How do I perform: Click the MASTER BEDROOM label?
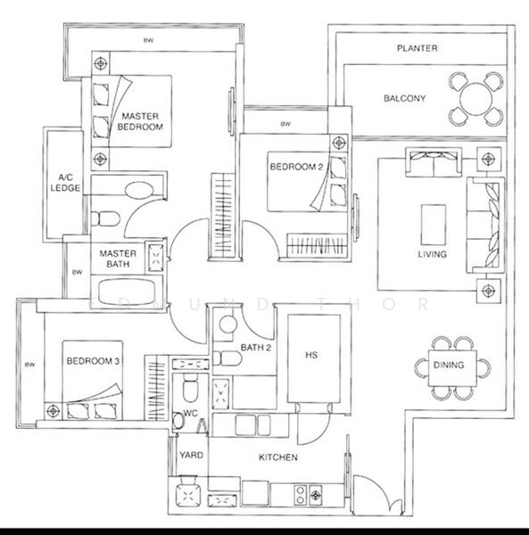tap(142, 122)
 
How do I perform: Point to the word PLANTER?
tap(417, 48)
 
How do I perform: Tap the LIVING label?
tap(432, 254)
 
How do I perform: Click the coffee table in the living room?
tap(434, 223)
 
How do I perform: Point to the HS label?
tap(311, 356)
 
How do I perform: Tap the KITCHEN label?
tap(278, 457)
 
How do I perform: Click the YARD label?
tap(191, 455)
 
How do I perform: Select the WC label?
tap(191, 414)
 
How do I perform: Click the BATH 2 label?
tap(255, 347)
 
